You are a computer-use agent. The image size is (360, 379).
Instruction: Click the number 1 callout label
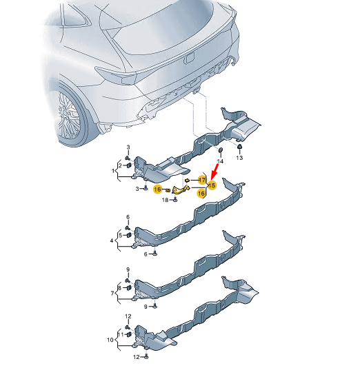point(113,171)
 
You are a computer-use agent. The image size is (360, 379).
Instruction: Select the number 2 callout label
point(120,165)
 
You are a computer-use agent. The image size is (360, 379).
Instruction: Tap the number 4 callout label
point(112,240)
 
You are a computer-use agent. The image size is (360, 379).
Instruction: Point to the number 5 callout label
point(121,235)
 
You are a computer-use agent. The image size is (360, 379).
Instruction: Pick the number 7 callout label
point(112,294)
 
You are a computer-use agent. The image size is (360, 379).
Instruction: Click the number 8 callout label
point(120,288)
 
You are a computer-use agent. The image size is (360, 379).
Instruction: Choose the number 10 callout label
point(110,340)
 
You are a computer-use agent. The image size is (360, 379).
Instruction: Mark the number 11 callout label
point(121,334)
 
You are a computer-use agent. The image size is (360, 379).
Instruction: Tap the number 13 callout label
point(239,158)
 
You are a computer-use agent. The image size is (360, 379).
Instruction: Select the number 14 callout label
point(220,161)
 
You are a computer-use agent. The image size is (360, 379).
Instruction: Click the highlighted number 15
point(212,185)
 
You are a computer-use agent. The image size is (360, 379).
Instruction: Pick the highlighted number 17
point(202,180)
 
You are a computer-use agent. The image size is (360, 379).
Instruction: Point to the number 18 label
point(165,200)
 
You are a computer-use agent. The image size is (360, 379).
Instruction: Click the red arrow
point(214,172)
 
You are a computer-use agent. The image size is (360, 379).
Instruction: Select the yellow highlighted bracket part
point(181,189)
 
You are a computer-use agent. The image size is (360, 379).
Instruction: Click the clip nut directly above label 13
point(239,147)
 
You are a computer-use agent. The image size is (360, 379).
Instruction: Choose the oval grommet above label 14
point(221,150)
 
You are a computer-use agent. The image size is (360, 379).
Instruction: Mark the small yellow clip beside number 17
point(187,180)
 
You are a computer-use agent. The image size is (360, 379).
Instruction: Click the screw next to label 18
point(175,200)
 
